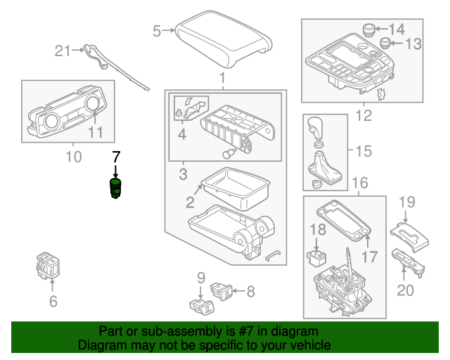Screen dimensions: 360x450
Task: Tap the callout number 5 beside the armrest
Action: pos(157,30)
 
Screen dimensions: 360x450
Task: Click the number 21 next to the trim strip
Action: pos(64,50)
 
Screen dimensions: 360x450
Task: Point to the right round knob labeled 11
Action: pos(92,106)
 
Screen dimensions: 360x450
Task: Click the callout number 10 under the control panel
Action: pos(73,155)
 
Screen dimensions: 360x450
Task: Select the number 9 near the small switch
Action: pos(200,277)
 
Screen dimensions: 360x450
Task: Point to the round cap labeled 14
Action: pos(368,29)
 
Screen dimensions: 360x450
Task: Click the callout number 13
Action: pos(413,44)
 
